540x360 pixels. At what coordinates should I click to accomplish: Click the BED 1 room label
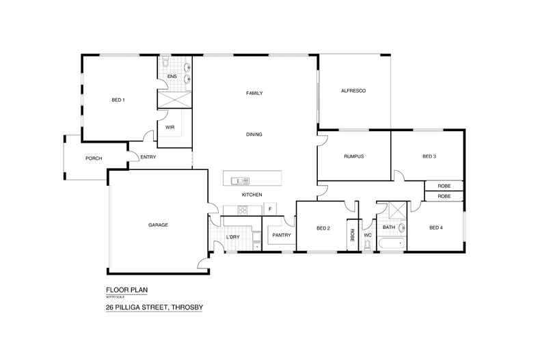tap(118, 100)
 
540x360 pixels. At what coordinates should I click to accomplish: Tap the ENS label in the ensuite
tap(172, 77)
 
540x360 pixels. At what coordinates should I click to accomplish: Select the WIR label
tap(169, 127)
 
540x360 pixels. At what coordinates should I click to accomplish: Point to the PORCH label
tap(94, 158)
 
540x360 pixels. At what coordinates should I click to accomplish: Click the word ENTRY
tap(148, 157)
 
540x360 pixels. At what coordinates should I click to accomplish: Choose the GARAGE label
tap(159, 225)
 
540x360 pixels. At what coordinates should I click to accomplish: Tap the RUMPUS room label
tap(353, 156)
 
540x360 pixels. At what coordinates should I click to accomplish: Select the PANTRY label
tap(282, 236)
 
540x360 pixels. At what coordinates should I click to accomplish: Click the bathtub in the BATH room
tap(391, 244)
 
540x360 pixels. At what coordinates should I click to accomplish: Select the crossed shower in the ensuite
tap(174, 99)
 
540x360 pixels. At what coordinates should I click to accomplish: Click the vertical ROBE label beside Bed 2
tap(353, 236)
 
